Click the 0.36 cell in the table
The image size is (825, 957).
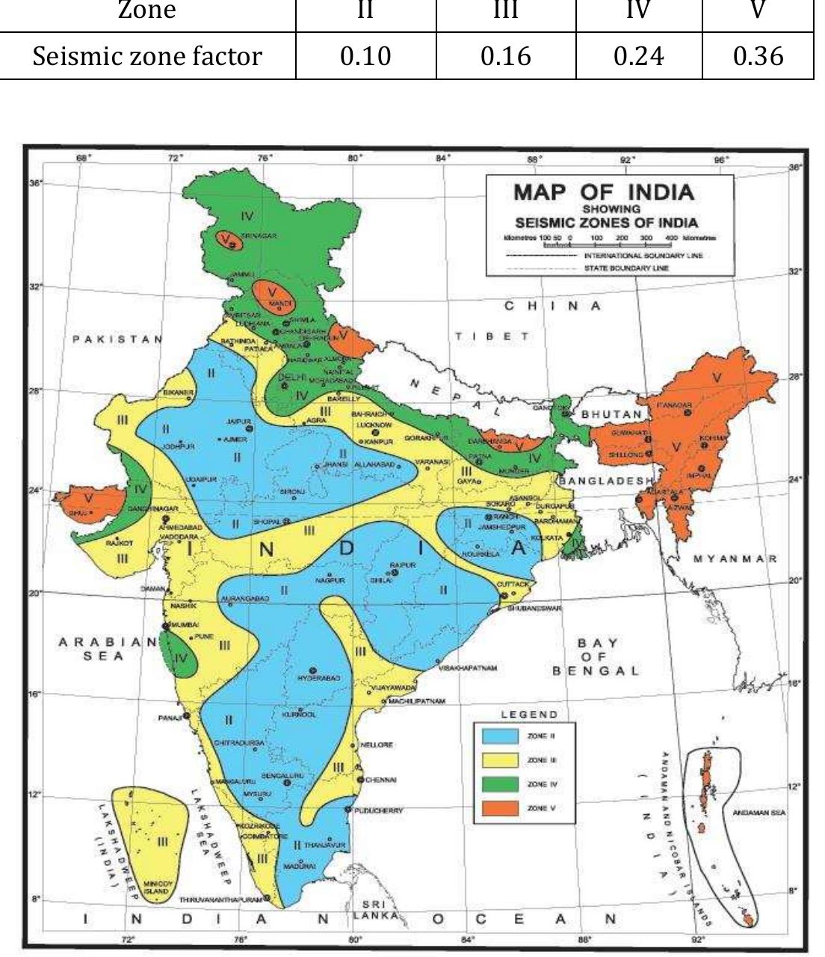(x=758, y=55)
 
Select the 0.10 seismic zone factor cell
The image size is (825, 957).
(x=365, y=55)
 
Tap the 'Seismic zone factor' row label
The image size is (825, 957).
(x=148, y=55)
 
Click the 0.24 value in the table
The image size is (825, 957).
(x=638, y=55)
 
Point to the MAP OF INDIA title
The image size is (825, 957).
(x=603, y=191)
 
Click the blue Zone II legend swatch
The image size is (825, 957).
(x=500, y=736)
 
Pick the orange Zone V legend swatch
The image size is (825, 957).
(x=500, y=807)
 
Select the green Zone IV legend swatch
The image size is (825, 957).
(x=500, y=784)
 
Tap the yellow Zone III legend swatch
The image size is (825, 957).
(x=500, y=760)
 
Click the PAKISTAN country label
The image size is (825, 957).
(x=117, y=339)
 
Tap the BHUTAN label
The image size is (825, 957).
(x=611, y=413)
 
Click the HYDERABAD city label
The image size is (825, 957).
(x=319, y=677)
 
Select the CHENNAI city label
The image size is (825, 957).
(x=381, y=779)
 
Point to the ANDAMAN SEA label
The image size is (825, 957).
(x=758, y=814)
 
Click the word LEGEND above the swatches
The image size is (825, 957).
(x=529, y=714)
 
